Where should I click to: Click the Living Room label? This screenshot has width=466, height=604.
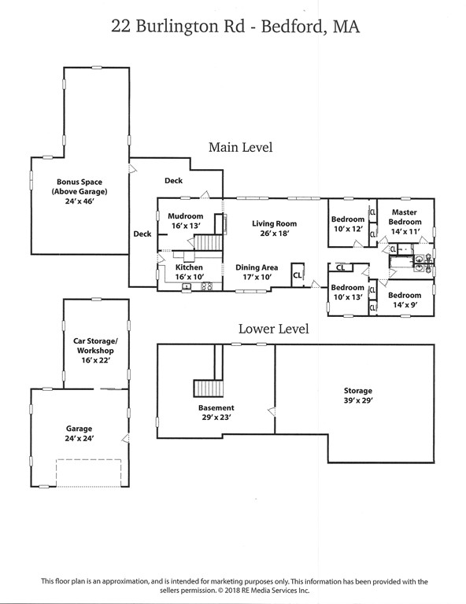click(274, 223)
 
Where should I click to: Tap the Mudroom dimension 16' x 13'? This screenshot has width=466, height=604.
click(186, 226)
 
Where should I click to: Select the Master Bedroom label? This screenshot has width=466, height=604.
click(405, 217)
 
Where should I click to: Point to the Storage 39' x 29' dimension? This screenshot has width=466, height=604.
click(358, 400)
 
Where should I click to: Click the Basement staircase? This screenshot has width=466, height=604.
click(208, 389)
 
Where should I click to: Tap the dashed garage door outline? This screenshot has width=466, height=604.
click(89, 473)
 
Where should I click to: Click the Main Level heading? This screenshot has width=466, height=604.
click(241, 147)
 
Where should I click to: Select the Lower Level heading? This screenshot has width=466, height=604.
click(274, 329)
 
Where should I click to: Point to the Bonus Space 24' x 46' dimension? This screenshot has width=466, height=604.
click(80, 201)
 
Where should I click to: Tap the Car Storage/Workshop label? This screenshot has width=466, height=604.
click(95, 345)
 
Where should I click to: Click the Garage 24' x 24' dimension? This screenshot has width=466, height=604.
click(80, 438)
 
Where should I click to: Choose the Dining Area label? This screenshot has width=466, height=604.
click(257, 267)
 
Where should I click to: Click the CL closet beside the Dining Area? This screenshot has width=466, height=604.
click(298, 275)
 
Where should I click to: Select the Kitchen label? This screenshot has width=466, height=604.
click(189, 267)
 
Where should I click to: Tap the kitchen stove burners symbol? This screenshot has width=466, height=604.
click(206, 286)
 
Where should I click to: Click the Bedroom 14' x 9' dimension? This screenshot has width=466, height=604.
click(405, 305)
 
